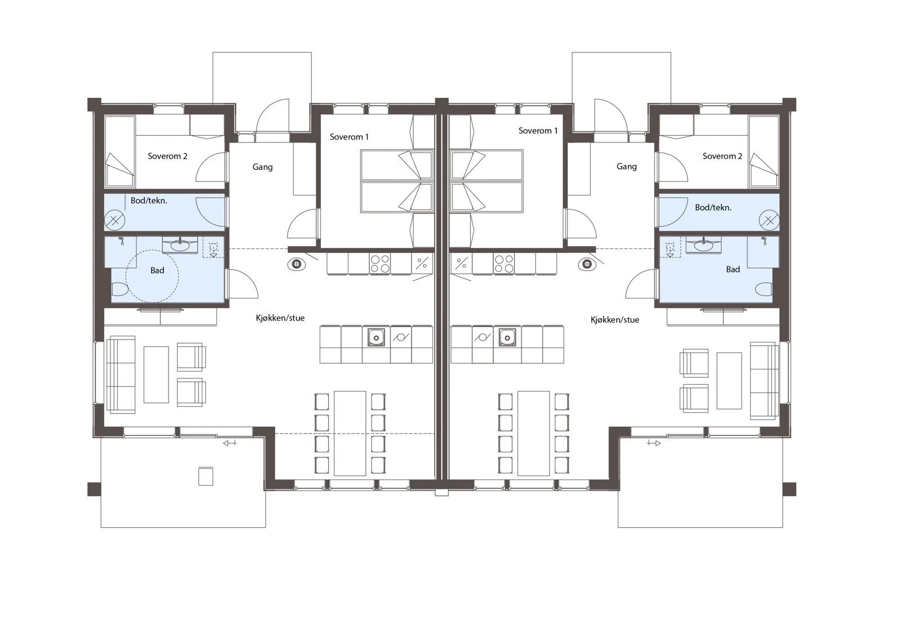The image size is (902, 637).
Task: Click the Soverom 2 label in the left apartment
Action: point(167,156)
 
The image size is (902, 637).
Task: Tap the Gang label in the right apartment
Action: point(626,166)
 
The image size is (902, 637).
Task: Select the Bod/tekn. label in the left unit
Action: point(149,201)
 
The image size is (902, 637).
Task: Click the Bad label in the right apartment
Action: point(733,269)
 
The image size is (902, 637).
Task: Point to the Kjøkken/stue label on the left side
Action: point(280,318)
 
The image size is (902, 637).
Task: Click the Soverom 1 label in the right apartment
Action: point(538,131)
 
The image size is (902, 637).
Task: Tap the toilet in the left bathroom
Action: point(120,289)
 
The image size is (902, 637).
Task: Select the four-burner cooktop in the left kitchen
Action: point(379,264)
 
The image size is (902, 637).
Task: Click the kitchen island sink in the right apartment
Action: point(507,337)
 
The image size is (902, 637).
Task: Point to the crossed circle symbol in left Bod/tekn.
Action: point(115,220)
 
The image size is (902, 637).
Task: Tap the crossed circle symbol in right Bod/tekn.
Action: point(769,221)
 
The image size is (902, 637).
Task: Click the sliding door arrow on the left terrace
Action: point(229,443)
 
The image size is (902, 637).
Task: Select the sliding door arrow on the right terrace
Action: point(654,443)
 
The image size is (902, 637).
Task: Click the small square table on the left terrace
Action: point(206,476)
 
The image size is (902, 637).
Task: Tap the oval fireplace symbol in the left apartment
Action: point(297,264)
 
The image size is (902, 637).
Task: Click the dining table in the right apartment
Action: point(533,433)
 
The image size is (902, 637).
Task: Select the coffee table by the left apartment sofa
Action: point(156,375)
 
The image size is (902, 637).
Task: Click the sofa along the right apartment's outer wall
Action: point(764,380)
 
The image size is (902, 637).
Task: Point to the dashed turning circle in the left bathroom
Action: point(152,277)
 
